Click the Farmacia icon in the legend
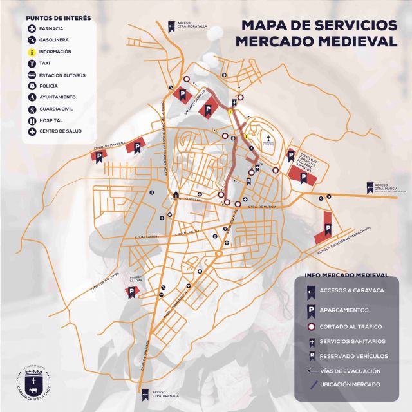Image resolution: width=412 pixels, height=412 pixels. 32,29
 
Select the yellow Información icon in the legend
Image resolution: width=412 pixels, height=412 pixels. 32,51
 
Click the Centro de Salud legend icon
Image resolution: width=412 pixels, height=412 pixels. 32,133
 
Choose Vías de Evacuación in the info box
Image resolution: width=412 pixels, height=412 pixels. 358,371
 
